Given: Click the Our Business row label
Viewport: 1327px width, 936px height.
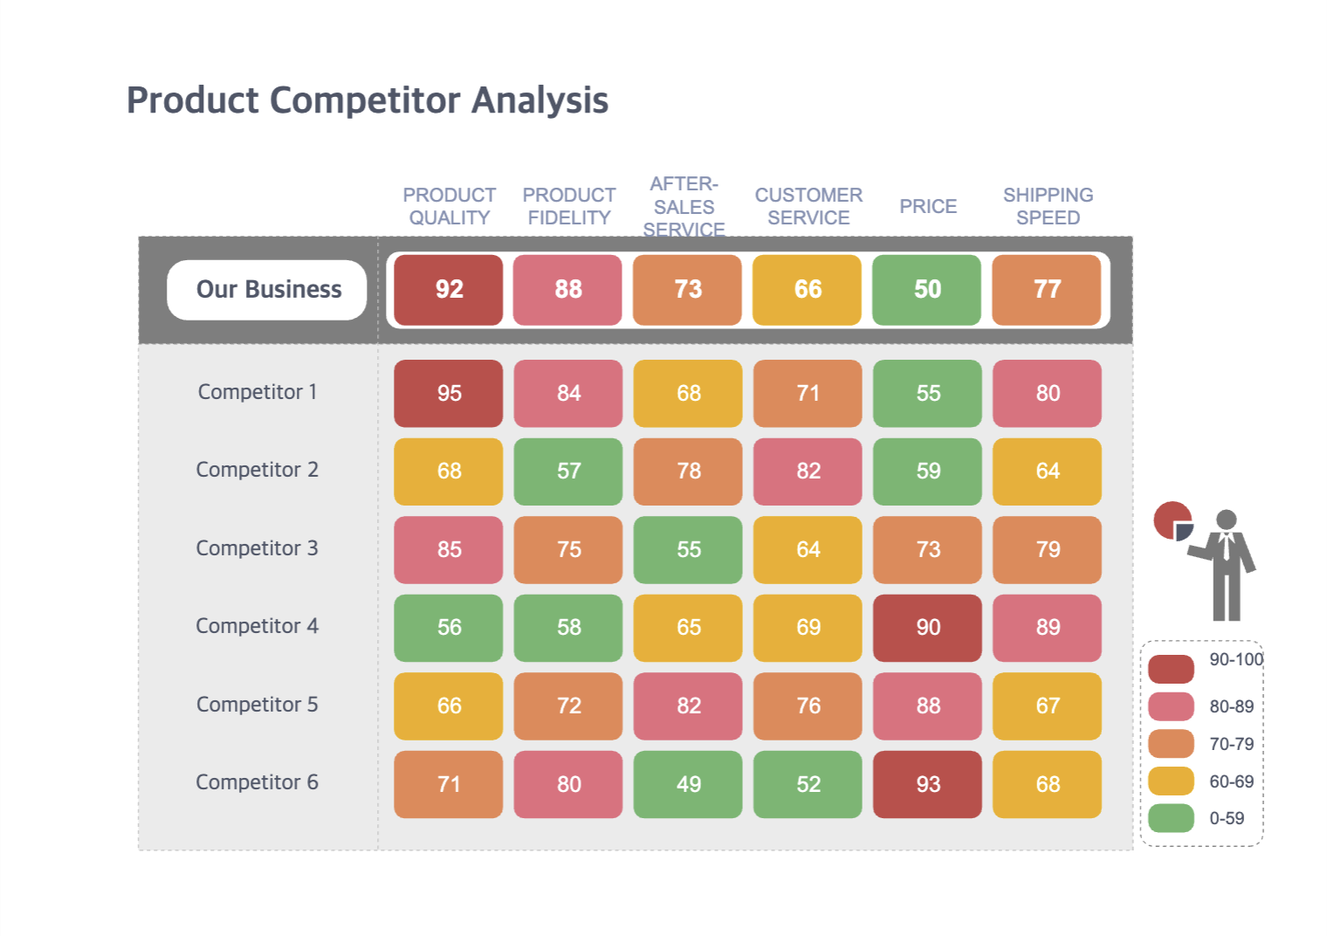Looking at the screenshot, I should pyautogui.click(x=267, y=289).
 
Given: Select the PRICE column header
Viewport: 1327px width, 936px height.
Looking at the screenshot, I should pyautogui.click(x=928, y=206).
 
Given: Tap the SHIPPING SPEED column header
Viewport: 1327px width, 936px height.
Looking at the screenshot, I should pyautogui.click(x=1048, y=206).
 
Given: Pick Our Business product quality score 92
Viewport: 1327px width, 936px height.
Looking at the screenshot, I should pyautogui.click(x=449, y=289).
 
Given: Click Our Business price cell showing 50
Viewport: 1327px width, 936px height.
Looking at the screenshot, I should pyautogui.click(x=927, y=289).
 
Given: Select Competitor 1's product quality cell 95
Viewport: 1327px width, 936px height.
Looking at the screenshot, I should pyautogui.click(x=449, y=393).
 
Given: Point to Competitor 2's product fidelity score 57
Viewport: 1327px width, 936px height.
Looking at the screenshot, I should pyautogui.click(x=568, y=471).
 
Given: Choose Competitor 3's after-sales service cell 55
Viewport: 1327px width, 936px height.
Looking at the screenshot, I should pyautogui.click(x=688, y=549).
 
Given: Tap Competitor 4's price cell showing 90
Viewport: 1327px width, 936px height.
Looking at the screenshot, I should pyautogui.click(x=928, y=627).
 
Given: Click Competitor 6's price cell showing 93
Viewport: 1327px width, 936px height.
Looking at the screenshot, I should pyautogui.click(x=928, y=784).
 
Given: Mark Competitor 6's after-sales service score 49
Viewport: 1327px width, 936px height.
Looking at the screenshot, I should pyautogui.click(x=688, y=784).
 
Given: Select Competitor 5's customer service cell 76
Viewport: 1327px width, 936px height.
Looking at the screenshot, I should pyautogui.click(x=808, y=705).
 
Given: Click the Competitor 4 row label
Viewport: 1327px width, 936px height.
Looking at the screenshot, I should pyautogui.click(x=257, y=626).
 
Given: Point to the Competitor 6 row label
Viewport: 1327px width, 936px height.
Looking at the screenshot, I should pyautogui.click(x=257, y=782).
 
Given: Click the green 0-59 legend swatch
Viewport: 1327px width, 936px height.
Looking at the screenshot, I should pyautogui.click(x=1171, y=818).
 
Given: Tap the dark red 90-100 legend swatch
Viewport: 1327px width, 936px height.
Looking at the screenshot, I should pyautogui.click(x=1171, y=669).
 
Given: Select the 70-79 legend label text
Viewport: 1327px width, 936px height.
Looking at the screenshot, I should pyautogui.click(x=1231, y=744).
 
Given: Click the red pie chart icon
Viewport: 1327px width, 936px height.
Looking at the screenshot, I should pyautogui.click(x=1170, y=519).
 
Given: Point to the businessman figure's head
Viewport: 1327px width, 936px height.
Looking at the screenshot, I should pyautogui.click(x=1227, y=520).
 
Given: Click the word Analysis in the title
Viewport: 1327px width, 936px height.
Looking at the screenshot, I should pyautogui.click(x=540, y=100).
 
